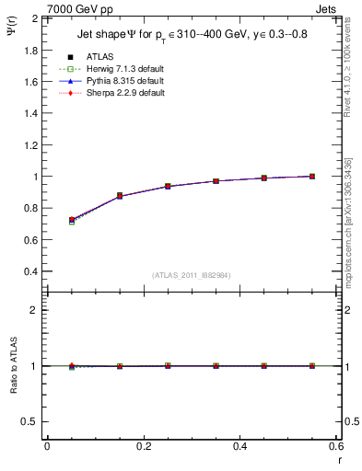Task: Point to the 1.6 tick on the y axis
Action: [29, 82]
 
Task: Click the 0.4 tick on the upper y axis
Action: [29, 272]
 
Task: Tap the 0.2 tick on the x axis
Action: [143, 446]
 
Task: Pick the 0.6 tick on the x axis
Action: [335, 446]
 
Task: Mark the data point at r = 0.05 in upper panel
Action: [72, 221]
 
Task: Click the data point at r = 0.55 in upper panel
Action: [312, 176]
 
